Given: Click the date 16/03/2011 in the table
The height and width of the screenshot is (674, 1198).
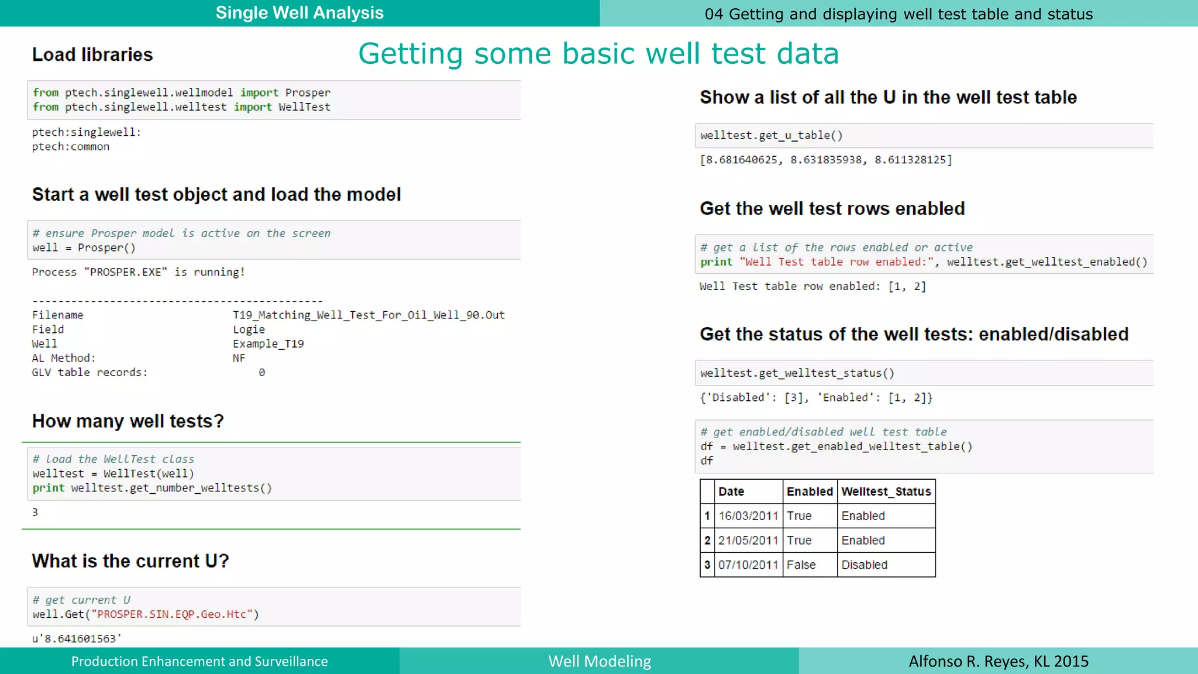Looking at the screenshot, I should [748, 516].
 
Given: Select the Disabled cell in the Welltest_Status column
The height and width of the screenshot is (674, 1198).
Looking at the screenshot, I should [864, 565].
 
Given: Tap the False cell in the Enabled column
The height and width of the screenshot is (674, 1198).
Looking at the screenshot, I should [801, 565].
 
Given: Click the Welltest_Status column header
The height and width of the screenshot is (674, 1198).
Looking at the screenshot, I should [886, 491].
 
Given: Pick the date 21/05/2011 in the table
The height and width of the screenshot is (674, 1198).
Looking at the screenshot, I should [748, 541].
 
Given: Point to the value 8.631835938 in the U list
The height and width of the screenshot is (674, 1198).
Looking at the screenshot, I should [825, 160].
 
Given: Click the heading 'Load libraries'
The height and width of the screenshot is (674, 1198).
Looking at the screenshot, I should [92, 55].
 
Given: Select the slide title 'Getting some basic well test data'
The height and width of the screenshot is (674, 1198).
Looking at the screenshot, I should [598, 54].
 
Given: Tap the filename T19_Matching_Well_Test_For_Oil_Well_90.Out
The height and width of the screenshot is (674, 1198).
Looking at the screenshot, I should [369, 315].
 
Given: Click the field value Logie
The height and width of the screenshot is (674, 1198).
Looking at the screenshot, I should [249, 329].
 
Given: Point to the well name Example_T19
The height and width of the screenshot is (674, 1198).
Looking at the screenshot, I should [268, 344].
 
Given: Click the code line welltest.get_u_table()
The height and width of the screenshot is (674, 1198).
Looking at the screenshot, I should [771, 136].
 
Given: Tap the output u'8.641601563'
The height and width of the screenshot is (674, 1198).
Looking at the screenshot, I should [77, 639].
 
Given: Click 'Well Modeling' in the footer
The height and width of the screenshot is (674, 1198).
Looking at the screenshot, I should [600, 661].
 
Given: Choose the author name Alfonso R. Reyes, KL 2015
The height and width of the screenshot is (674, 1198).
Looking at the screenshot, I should [998, 661].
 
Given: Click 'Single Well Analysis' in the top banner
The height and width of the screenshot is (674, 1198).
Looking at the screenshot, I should [299, 13].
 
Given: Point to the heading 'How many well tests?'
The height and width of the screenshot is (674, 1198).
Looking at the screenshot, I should [128, 421].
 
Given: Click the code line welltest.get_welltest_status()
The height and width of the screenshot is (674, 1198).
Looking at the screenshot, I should [797, 373].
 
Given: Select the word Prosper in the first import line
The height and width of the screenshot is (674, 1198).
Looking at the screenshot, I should [308, 92].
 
